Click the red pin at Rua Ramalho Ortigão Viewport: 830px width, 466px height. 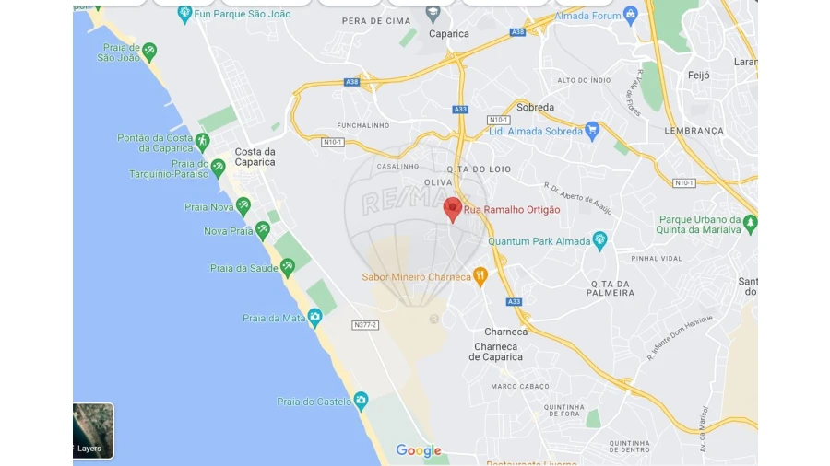pyautogui.click(x=452, y=208)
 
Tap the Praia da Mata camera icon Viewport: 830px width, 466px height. pyautogui.click(x=314, y=318)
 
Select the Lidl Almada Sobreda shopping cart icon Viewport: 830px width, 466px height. pyautogui.click(x=592, y=131)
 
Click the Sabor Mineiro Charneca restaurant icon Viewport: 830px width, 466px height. pyautogui.click(x=480, y=276)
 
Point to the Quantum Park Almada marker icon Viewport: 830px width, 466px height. pyautogui.click(x=600, y=241)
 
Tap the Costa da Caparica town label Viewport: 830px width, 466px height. pyautogui.click(x=255, y=157)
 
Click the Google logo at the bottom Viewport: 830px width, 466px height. pyautogui.click(x=419, y=450)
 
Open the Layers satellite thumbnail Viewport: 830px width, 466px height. pyautogui.click(x=93, y=430)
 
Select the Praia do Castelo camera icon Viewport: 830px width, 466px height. pyautogui.click(x=361, y=401)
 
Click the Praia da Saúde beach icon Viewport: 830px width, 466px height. pyautogui.click(x=288, y=268)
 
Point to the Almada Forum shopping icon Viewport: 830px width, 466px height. pyautogui.click(x=631, y=15)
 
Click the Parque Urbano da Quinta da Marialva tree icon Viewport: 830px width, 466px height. pyautogui.click(x=750, y=224)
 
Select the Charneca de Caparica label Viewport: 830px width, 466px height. pyautogui.click(x=498, y=352)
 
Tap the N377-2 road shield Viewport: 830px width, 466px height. pyautogui.click(x=365, y=325)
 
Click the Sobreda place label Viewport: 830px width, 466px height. pyautogui.click(x=536, y=107)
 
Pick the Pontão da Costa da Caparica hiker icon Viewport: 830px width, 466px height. pyautogui.click(x=202, y=142)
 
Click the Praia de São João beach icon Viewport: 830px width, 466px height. pyautogui.click(x=149, y=52)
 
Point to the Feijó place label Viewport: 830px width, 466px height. pyautogui.click(x=698, y=76)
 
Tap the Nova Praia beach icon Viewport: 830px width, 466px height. pyautogui.click(x=263, y=230)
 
